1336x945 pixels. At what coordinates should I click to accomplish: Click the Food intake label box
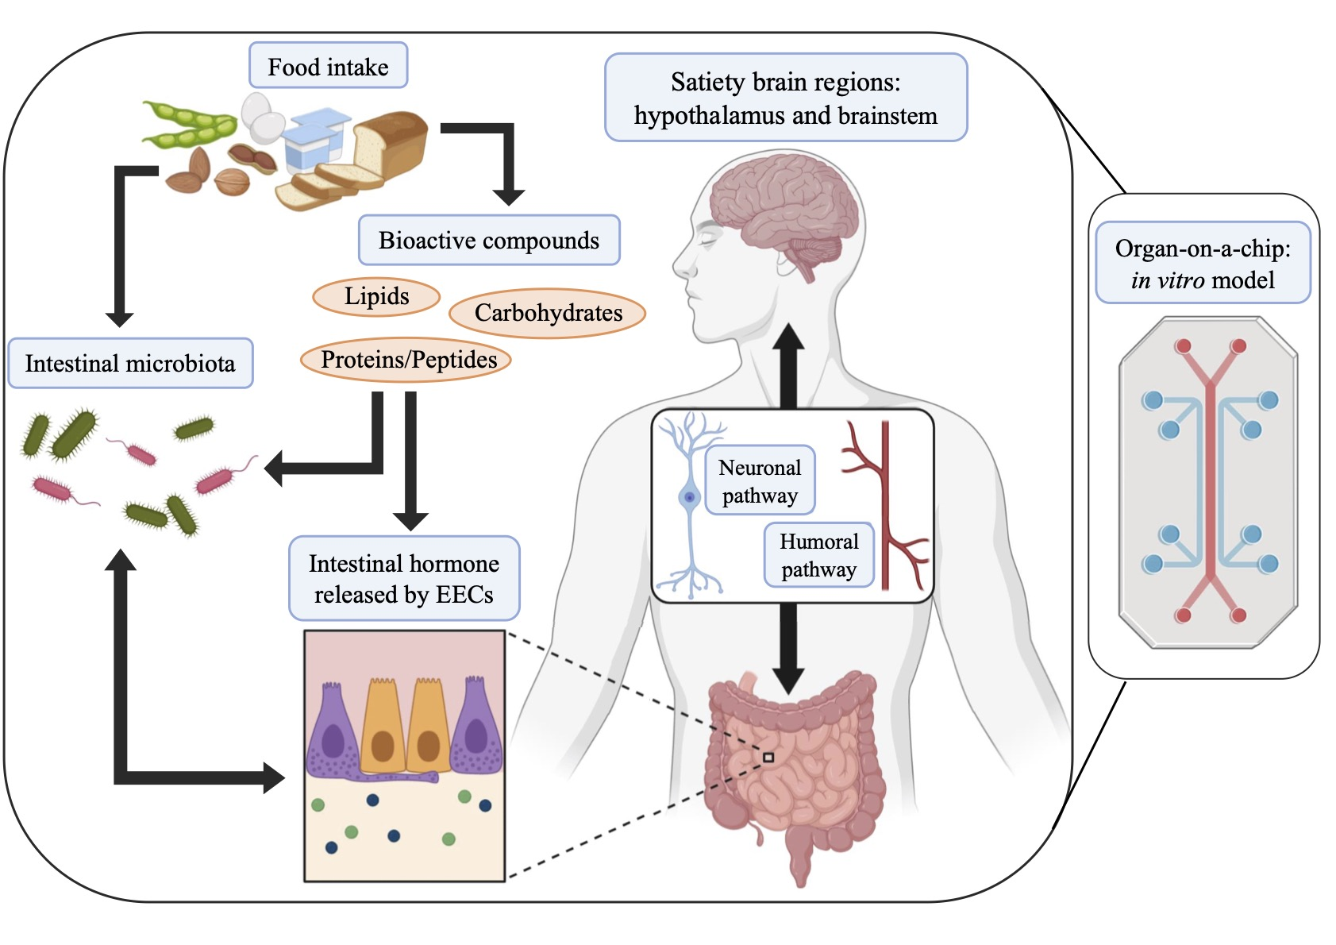(x=328, y=66)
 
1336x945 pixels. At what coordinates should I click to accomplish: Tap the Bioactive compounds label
(x=488, y=240)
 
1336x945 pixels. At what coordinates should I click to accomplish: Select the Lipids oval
(x=376, y=296)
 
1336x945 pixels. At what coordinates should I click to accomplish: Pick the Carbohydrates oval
(x=548, y=313)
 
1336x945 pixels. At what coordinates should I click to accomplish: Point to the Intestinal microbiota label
(x=130, y=364)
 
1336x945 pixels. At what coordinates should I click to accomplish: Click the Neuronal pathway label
(x=760, y=480)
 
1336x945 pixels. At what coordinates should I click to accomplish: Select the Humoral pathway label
(x=818, y=555)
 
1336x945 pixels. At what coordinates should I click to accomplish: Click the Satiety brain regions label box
(x=785, y=98)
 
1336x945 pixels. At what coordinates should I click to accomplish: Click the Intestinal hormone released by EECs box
(x=403, y=578)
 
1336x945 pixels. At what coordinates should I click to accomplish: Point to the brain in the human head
(x=782, y=206)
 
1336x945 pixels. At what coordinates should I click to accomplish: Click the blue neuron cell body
(x=690, y=498)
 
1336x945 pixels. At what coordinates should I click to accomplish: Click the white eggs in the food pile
(x=262, y=116)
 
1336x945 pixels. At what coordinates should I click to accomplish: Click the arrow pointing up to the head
(x=788, y=365)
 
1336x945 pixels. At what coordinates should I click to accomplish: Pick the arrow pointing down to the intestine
(x=788, y=647)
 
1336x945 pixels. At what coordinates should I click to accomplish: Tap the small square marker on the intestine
(x=768, y=758)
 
